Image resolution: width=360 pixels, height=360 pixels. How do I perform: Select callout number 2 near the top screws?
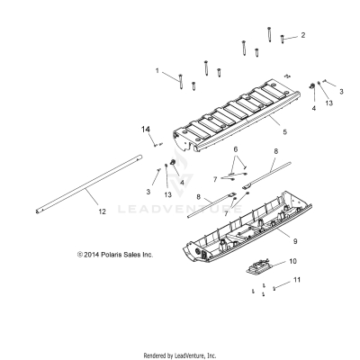[302, 35]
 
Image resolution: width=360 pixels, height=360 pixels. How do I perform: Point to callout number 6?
[236, 148]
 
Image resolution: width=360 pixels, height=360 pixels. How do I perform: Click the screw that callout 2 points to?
[283, 39]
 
